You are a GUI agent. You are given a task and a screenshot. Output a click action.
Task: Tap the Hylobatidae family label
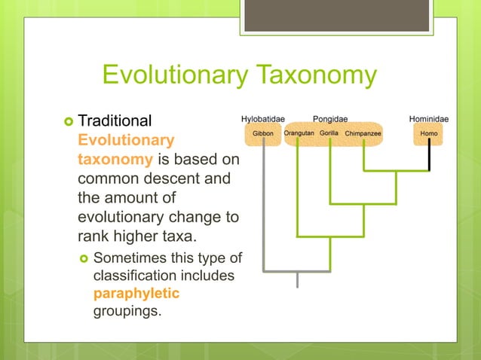pos(262,118)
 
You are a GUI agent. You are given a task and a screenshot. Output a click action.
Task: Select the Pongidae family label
pos(330,118)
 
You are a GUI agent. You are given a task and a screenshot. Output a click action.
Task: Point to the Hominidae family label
pos(429,118)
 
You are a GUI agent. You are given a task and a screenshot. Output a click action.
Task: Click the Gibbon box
pos(263,134)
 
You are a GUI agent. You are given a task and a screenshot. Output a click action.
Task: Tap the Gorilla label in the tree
pos(329,134)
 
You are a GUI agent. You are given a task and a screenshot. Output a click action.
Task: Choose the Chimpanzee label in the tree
pos(363,134)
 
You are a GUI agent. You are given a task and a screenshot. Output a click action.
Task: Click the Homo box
pos(429,134)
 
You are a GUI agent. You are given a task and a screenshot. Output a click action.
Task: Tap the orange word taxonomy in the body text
pos(105,160)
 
